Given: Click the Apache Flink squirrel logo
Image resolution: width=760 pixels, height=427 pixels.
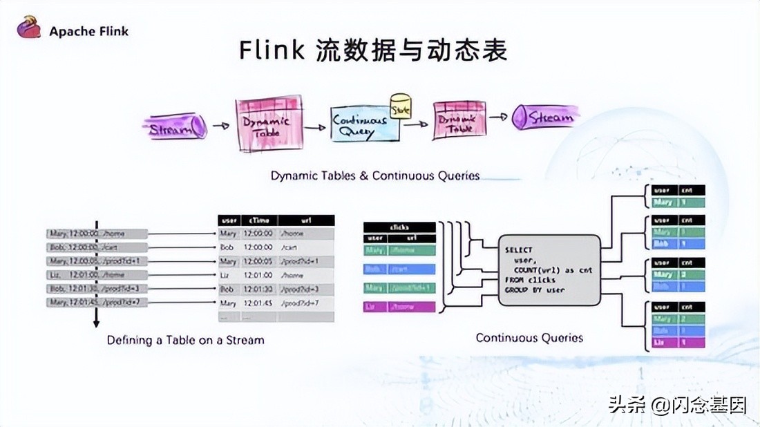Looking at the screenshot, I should coord(28,28).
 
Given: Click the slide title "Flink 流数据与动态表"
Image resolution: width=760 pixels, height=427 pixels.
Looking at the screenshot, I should coord(373,50).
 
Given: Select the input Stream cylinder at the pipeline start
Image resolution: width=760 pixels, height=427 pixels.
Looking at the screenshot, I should coord(175,128).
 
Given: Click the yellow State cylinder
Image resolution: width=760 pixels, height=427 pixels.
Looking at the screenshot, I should coord(400,105).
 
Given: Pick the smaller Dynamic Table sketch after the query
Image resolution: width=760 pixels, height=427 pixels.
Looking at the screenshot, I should coord(458,120).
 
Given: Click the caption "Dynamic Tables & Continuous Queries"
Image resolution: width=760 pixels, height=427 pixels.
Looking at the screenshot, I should coord(374,175).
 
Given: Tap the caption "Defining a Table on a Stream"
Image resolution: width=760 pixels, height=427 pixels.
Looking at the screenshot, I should coord(185,340).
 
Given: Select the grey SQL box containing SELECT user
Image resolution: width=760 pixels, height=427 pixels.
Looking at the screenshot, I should coord(549,270).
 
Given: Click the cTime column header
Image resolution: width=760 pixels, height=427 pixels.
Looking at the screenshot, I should coord(258,220).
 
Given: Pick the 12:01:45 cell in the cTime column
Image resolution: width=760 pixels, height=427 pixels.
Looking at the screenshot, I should coord(258,303).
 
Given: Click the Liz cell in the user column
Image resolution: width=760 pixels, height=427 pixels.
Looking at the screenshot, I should coord(227,274).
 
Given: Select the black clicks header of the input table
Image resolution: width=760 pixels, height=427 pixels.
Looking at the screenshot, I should coord(399,227).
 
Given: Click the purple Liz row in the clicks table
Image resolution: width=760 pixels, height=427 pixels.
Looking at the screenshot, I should coord(399,307).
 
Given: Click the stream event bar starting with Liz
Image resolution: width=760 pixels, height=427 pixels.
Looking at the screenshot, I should coord(97,274).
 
